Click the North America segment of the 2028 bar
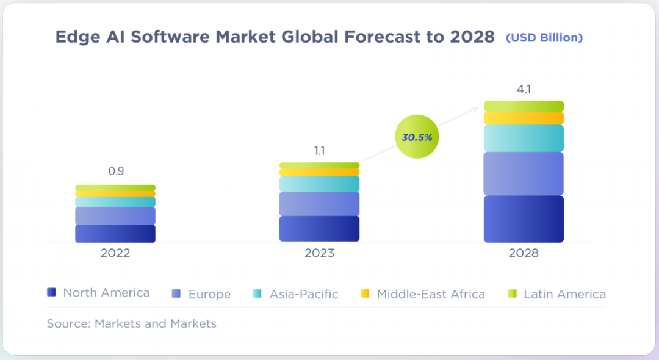coord(524,219)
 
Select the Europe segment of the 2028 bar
coord(524,174)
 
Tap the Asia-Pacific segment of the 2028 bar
coord(524,139)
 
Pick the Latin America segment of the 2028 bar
coord(524,106)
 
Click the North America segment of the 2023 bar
coord(319,229)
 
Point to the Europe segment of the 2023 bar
coord(319,204)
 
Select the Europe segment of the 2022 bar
coord(115,216)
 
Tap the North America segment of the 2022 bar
coord(115,234)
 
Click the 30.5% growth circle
coord(417,137)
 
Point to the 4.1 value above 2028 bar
coord(524,90)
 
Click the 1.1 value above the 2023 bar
coord(319,150)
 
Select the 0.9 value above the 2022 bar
coord(116,171)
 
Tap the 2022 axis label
coord(115,253)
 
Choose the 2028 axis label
coord(524,253)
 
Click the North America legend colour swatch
coord(52,293)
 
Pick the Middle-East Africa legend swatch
coord(365,293)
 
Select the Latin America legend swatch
coord(513,293)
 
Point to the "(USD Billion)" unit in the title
coord(544,38)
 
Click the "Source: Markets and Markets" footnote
coord(131,323)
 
